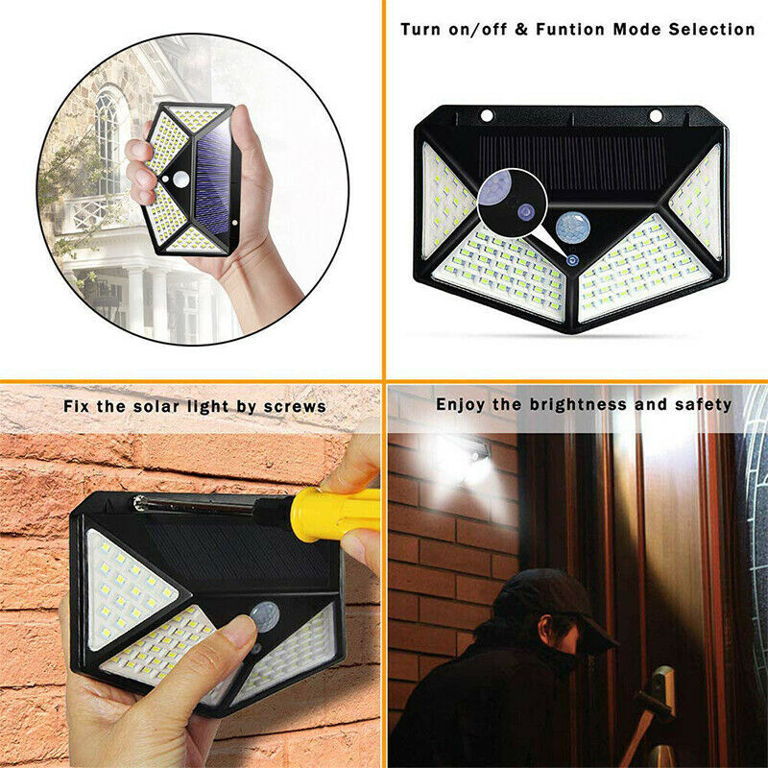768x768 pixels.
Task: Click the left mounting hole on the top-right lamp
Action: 487,116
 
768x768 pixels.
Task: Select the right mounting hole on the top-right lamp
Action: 656,116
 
